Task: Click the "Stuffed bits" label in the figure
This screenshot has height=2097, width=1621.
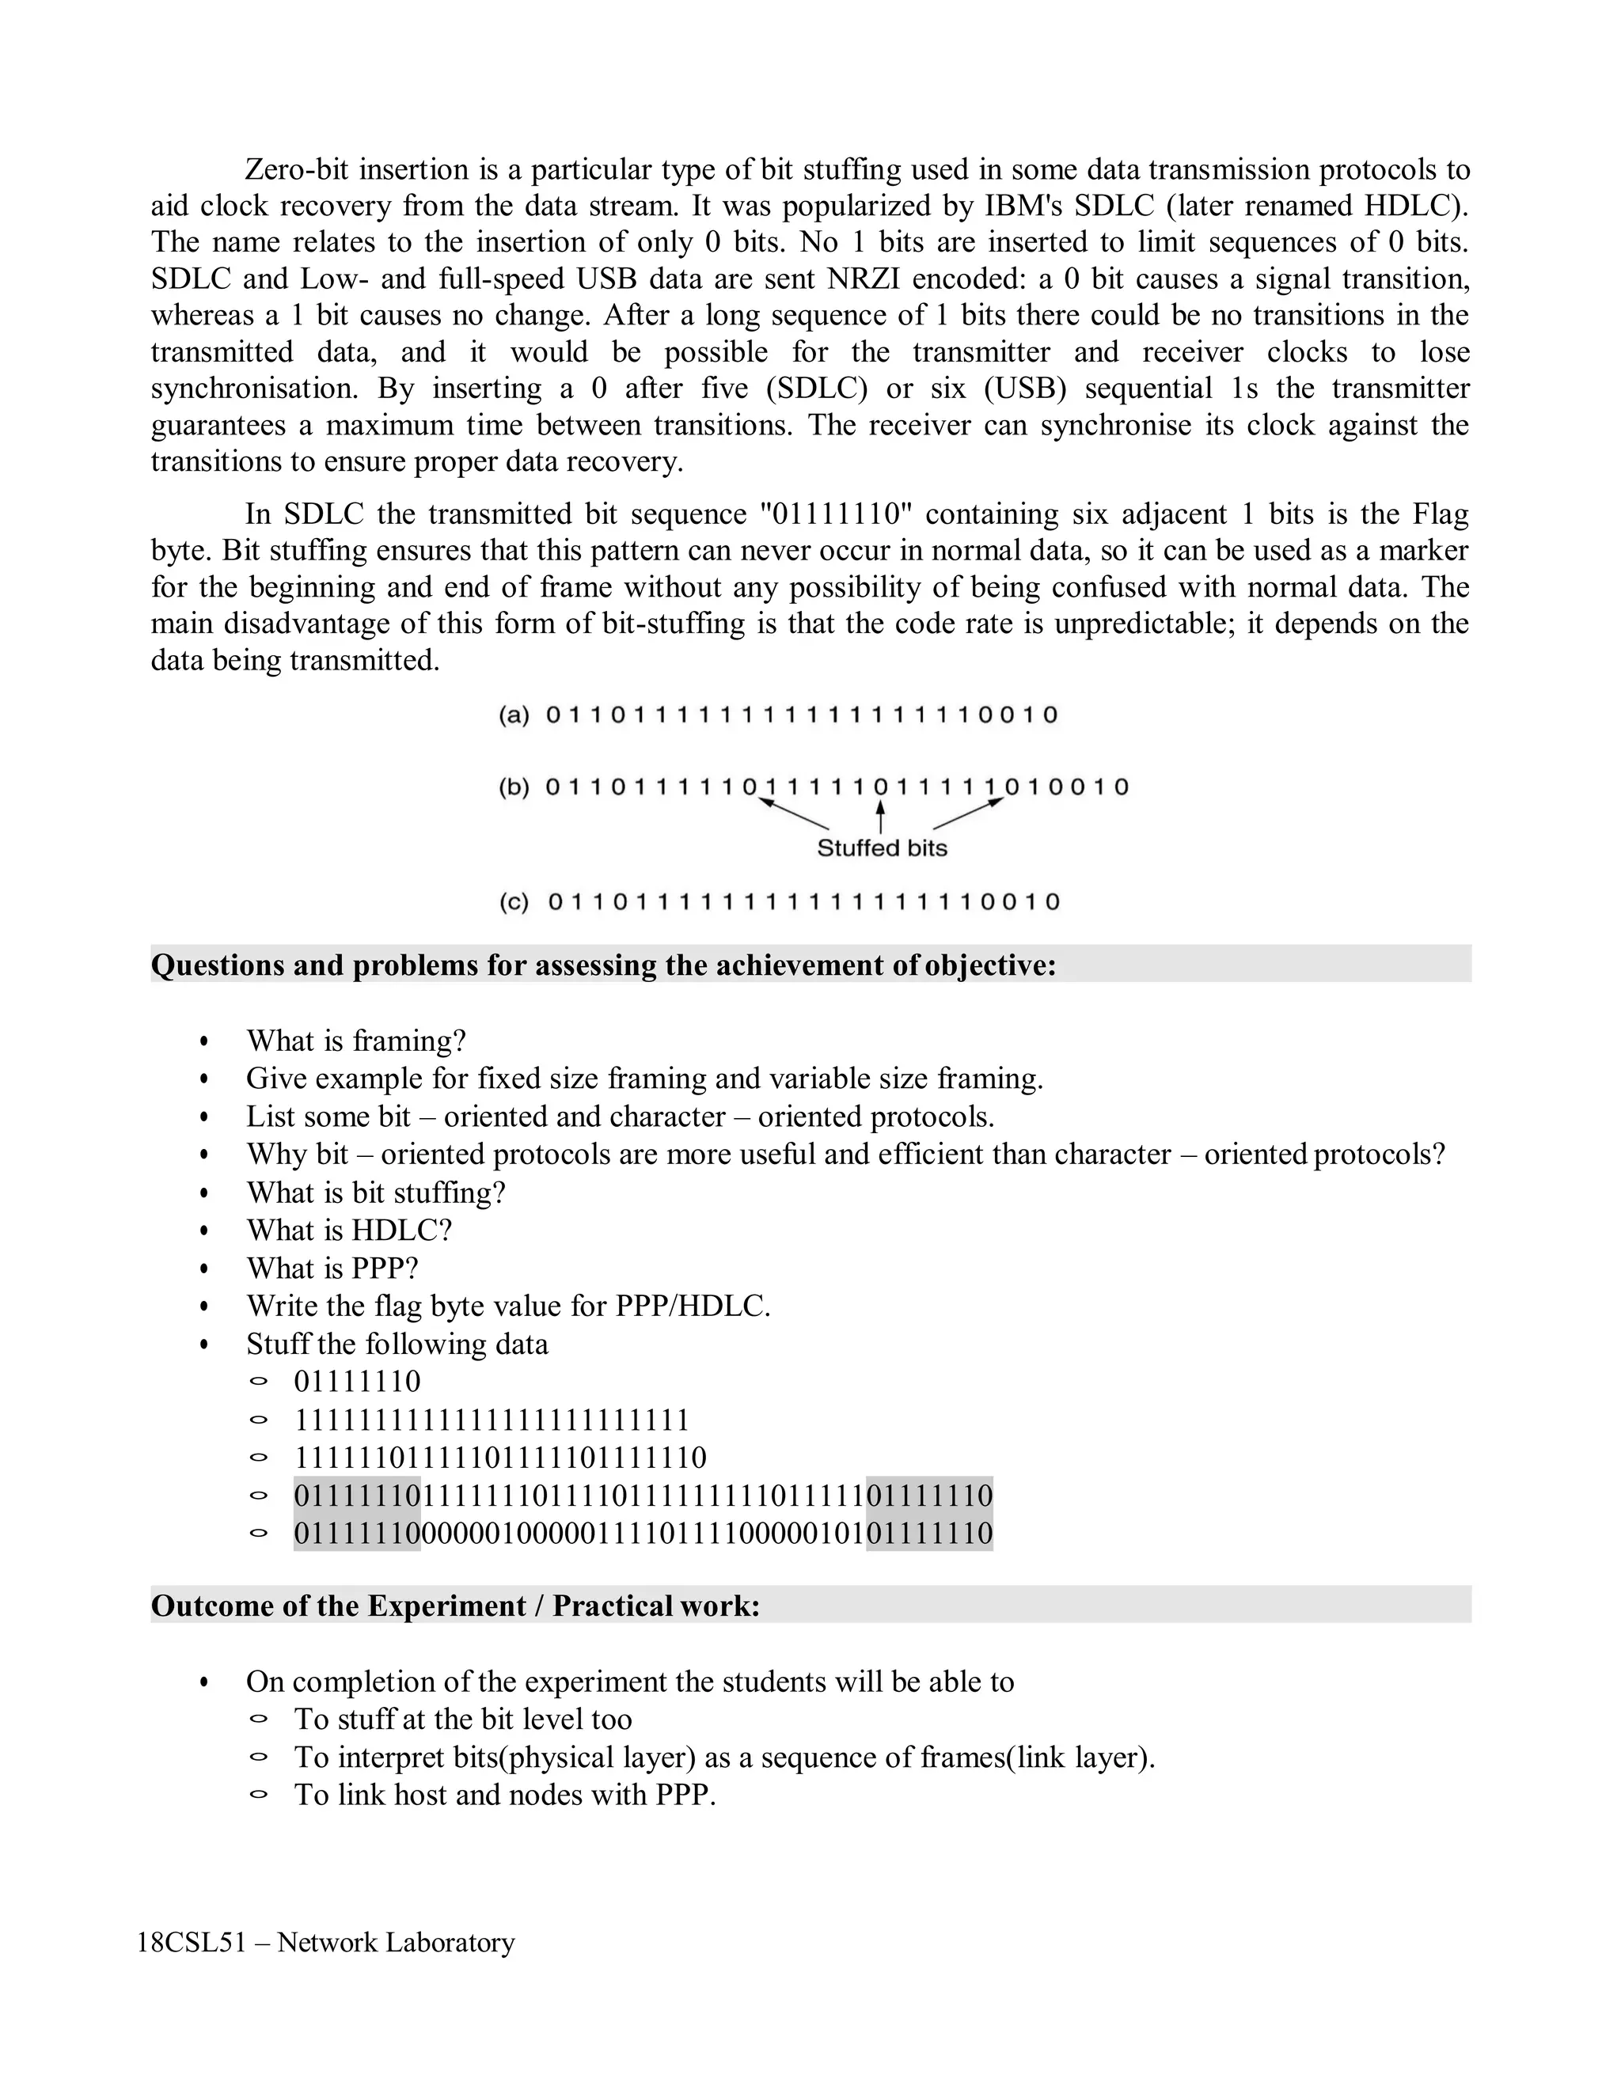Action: pos(882,848)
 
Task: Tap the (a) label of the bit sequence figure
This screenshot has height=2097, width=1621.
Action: pos(514,715)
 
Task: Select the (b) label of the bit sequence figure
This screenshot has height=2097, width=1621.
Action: pos(514,788)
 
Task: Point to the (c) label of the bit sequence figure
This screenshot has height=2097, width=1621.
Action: pos(514,903)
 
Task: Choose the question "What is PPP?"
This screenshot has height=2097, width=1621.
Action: pos(332,1269)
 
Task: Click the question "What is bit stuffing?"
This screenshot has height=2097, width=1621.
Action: pos(375,1193)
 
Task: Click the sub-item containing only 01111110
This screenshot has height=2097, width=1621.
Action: pos(357,1382)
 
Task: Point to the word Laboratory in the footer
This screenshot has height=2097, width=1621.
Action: pos(450,1943)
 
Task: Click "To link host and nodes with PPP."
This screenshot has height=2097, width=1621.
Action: pos(505,1795)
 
